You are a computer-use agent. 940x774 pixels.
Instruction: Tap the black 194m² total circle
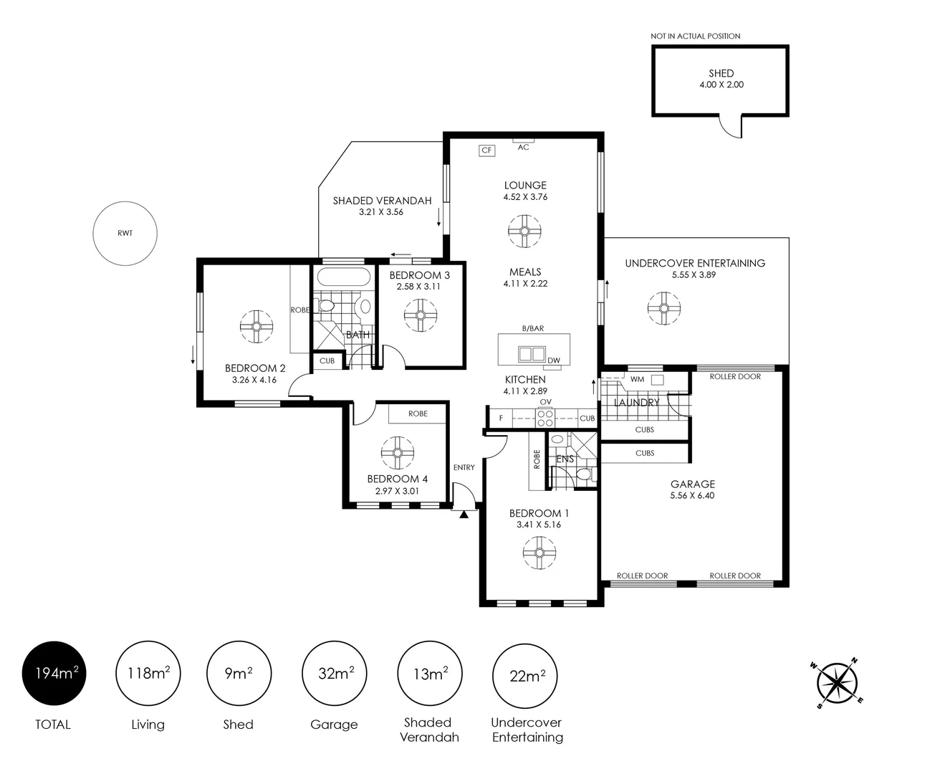tap(54, 673)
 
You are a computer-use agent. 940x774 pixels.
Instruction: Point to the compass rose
tap(837, 682)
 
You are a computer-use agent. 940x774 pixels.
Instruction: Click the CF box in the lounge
tap(486, 150)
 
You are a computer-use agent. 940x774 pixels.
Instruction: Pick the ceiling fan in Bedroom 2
tap(256, 326)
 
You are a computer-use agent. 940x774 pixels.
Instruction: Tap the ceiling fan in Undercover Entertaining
tap(664, 308)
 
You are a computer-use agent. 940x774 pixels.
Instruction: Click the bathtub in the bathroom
tap(344, 277)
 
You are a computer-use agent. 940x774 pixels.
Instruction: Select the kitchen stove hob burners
tap(545, 419)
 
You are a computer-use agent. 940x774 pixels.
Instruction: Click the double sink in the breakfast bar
tap(532, 353)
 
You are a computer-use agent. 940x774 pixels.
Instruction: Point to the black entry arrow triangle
tap(464, 515)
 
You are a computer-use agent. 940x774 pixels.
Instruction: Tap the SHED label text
tap(721, 73)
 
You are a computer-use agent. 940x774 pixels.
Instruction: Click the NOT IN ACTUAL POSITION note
tap(695, 36)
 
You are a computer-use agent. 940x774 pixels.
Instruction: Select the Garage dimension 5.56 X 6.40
tap(692, 495)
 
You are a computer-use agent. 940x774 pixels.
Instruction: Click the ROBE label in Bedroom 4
tap(418, 414)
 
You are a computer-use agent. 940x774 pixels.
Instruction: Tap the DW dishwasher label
tap(554, 360)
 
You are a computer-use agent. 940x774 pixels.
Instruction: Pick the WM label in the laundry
tap(638, 379)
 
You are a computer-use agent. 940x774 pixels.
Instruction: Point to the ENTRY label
tap(464, 467)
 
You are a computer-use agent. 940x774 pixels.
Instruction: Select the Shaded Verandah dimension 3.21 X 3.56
tap(381, 212)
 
